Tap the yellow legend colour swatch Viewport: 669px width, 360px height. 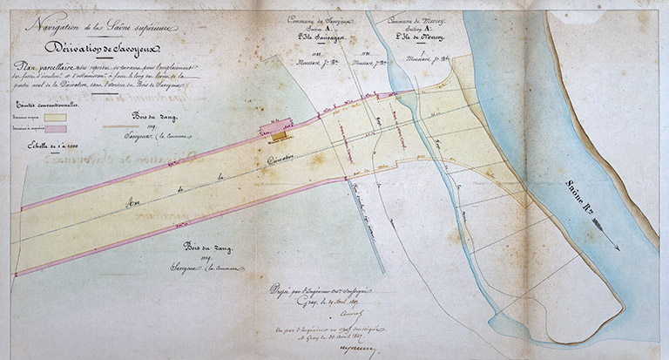click(x=56, y=115)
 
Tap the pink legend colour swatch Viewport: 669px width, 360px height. click(x=56, y=128)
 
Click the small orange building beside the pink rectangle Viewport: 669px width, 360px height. click(x=278, y=136)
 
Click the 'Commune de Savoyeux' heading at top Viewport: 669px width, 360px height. click(x=320, y=19)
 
